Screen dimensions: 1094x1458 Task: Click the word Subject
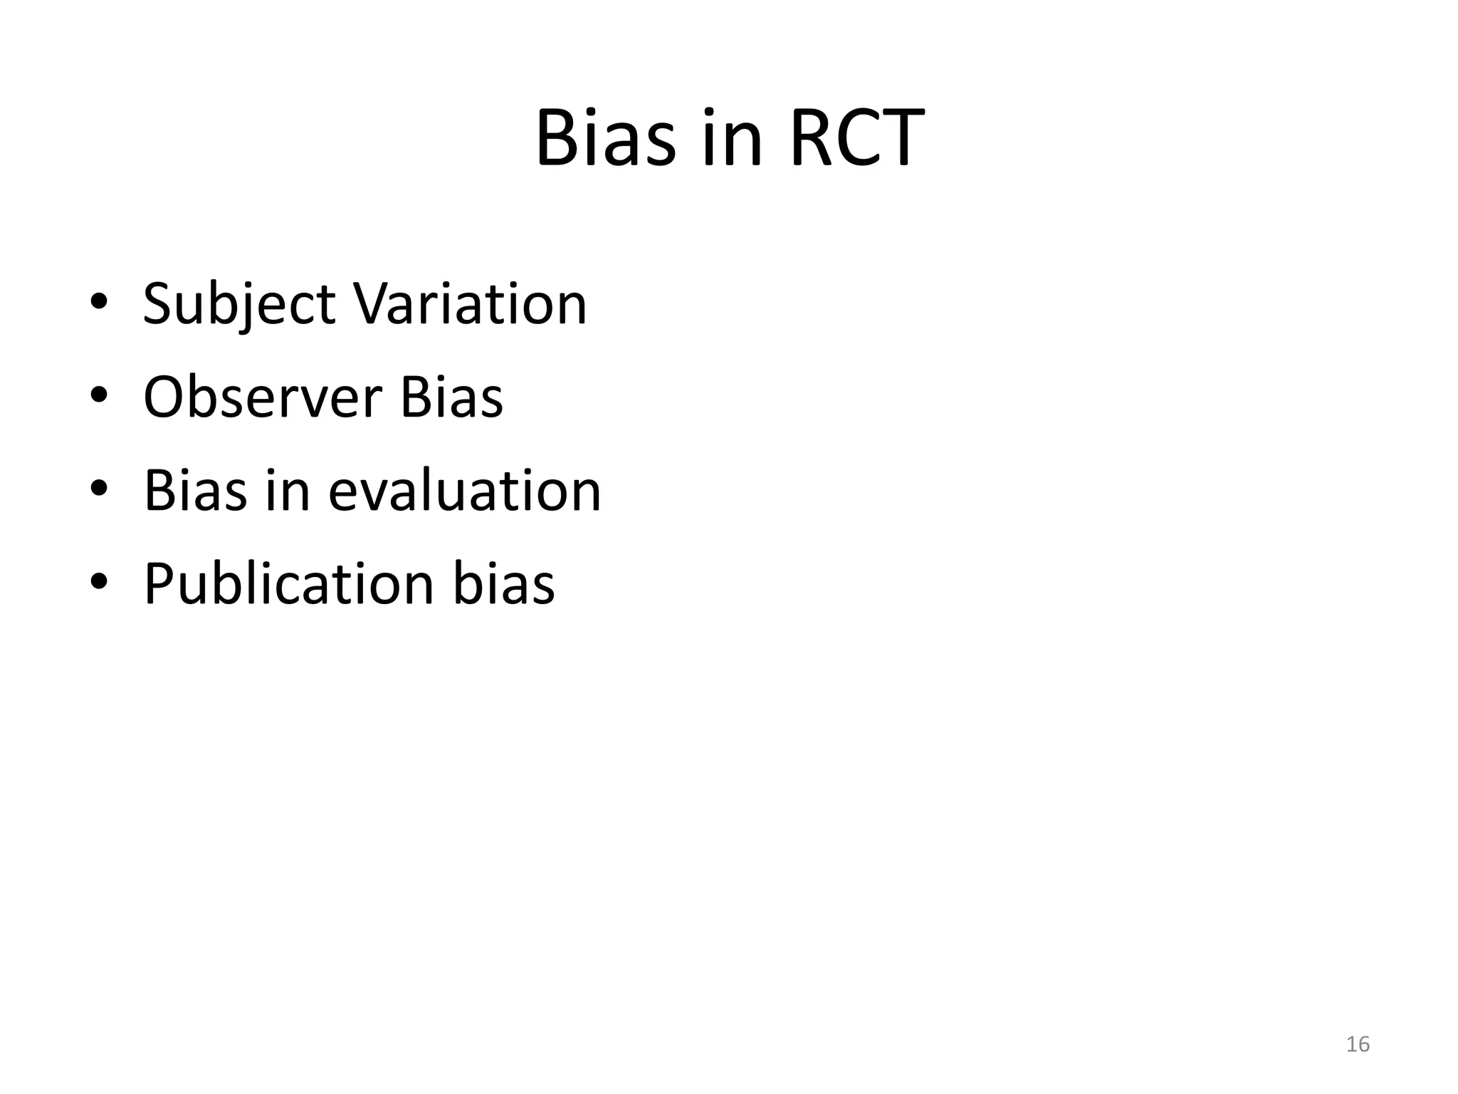click(238, 305)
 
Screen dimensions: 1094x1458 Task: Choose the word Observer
click(262, 397)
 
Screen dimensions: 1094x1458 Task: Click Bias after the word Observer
click(451, 397)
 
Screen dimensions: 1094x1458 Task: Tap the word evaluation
click(464, 491)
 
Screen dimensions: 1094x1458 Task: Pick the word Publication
click(288, 584)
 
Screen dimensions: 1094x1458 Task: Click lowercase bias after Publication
click(503, 584)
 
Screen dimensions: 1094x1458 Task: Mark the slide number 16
click(1358, 1044)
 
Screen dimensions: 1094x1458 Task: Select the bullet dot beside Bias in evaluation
click(99, 489)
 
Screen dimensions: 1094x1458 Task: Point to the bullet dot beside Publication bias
click(99, 582)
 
